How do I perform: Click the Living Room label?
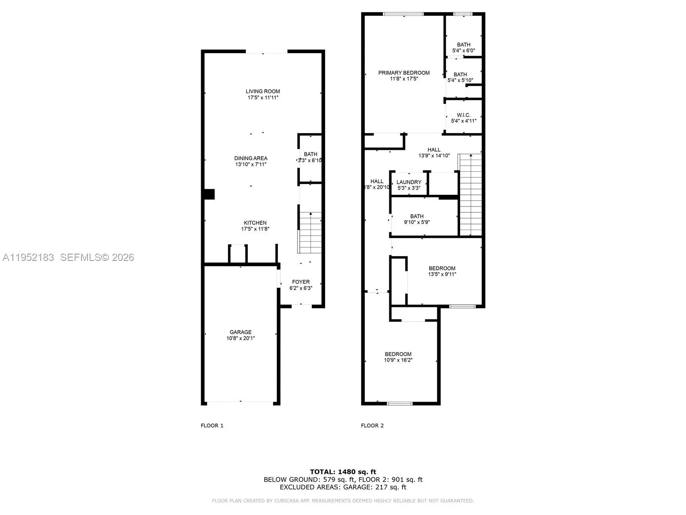(x=263, y=91)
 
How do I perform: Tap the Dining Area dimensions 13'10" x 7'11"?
(x=251, y=164)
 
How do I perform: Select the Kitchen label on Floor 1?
(x=255, y=223)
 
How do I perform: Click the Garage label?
(x=241, y=332)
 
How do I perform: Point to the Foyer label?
(x=301, y=282)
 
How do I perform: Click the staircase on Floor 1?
(x=310, y=232)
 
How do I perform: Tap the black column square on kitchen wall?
(x=209, y=194)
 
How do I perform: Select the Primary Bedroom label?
(x=404, y=73)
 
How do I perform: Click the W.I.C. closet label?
(x=463, y=115)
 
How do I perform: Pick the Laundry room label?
(x=409, y=182)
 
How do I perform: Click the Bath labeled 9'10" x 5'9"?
(x=417, y=219)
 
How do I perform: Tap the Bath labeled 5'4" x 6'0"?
(x=463, y=48)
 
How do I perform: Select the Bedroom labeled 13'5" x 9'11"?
(x=442, y=271)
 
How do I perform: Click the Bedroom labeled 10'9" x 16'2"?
(x=398, y=357)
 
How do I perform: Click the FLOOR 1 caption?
(x=212, y=426)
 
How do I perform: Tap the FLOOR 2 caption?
(x=372, y=426)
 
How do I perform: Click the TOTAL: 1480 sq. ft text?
(x=343, y=472)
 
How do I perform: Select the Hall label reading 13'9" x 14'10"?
(x=434, y=153)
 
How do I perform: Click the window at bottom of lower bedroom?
(x=400, y=403)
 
